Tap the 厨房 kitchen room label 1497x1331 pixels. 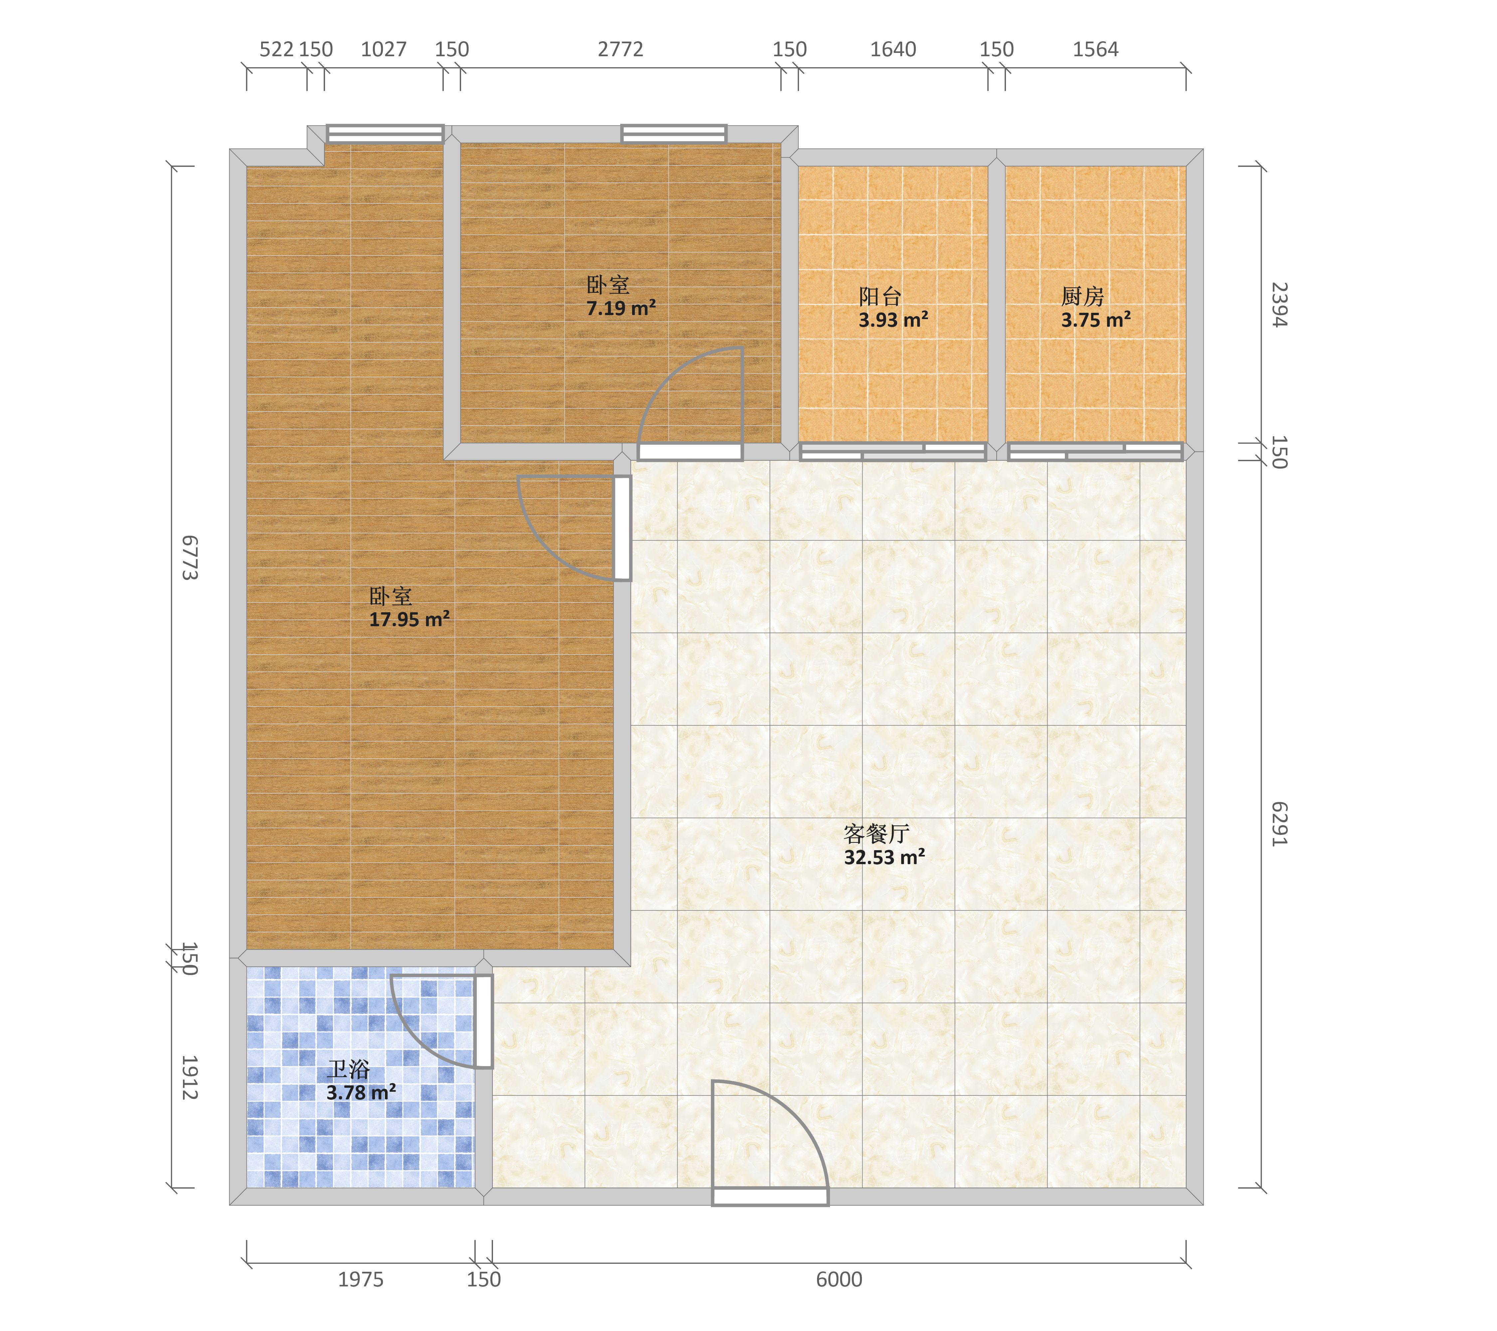pyautogui.click(x=1082, y=297)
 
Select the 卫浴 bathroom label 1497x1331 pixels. pyautogui.click(x=349, y=1069)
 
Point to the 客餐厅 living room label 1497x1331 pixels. pyautogui.click(x=877, y=834)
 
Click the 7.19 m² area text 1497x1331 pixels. pyautogui.click(x=621, y=308)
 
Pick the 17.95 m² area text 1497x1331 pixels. pyautogui.click(x=410, y=620)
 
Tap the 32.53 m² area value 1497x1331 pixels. pyautogui.click(x=885, y=857)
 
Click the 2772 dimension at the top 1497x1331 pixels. pyautogui.click(x=620, y=49)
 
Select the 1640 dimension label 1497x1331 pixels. pyautogui.click(x=893, y=49)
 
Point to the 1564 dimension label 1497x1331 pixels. pyautogui.click(x=1096, y=49)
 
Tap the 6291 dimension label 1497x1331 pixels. pyautogui.click(x=1279, y=824)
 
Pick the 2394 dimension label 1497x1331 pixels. pyautogui.click(x=1279, y=305)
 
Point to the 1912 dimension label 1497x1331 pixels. pyautogui.click(x=190, y=1077)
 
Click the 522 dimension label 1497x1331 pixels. pyautogui.click(x=277, y=49)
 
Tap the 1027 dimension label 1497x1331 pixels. pyautogui.click(x=384, y=49)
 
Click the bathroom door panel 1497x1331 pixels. pyautogui.click(x=483, y=1021)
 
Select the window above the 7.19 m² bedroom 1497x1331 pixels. pyautogui.click(x=674, y=134)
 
